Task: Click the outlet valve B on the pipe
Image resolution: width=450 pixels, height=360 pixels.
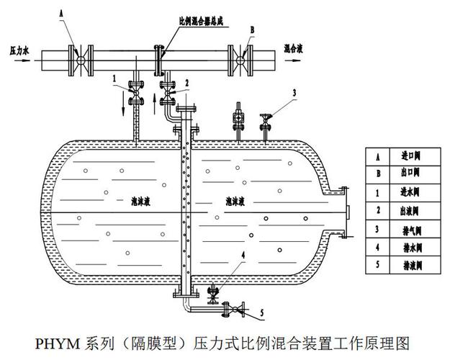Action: tap(240, 55)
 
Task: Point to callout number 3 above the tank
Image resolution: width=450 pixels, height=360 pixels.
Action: tap(294, 91)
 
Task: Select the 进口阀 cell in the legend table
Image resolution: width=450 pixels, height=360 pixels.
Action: tap(408, 156)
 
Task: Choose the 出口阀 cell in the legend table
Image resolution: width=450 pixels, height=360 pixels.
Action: tap(408, 174)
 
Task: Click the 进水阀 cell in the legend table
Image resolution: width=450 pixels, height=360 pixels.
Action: tap(408, 192)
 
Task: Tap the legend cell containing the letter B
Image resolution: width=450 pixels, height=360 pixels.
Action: tap(377, 174)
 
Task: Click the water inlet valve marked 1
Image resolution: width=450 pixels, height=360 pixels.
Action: tap(134, 93)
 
